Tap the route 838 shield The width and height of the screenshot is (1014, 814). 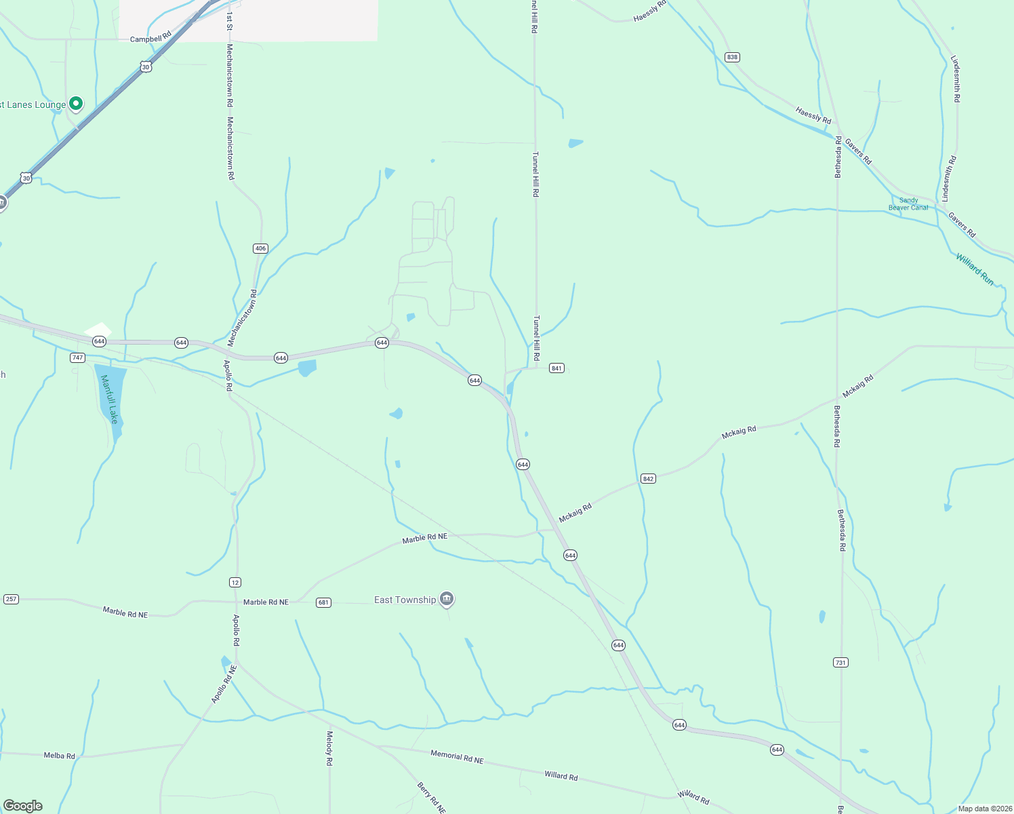point(732,57)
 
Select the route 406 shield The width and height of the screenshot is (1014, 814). point(260,248)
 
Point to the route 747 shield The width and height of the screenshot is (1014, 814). point(77,357)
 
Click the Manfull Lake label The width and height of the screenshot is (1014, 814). point(109,399)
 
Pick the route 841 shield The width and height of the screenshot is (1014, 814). point(556,368)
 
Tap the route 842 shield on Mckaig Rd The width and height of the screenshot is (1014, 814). point(648,479)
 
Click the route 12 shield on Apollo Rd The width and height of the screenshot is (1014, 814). point(235,583)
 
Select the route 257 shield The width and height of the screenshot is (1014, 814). point(11,599)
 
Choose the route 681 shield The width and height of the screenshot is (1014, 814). point(323,602)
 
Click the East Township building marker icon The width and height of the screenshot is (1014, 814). point(446,599)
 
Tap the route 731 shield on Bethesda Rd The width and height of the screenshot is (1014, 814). point(840,662)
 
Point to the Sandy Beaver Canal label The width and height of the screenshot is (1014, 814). point(908,203)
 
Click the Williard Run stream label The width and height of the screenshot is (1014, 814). point(975,269)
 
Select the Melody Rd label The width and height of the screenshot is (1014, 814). point(329,748)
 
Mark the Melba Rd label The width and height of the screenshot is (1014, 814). point(60,756)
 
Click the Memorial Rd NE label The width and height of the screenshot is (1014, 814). point(457,756)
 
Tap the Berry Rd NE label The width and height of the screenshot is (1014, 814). point(431,798)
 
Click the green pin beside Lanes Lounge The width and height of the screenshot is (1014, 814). point(76,103)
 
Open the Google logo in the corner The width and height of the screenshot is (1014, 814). point(23,806)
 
